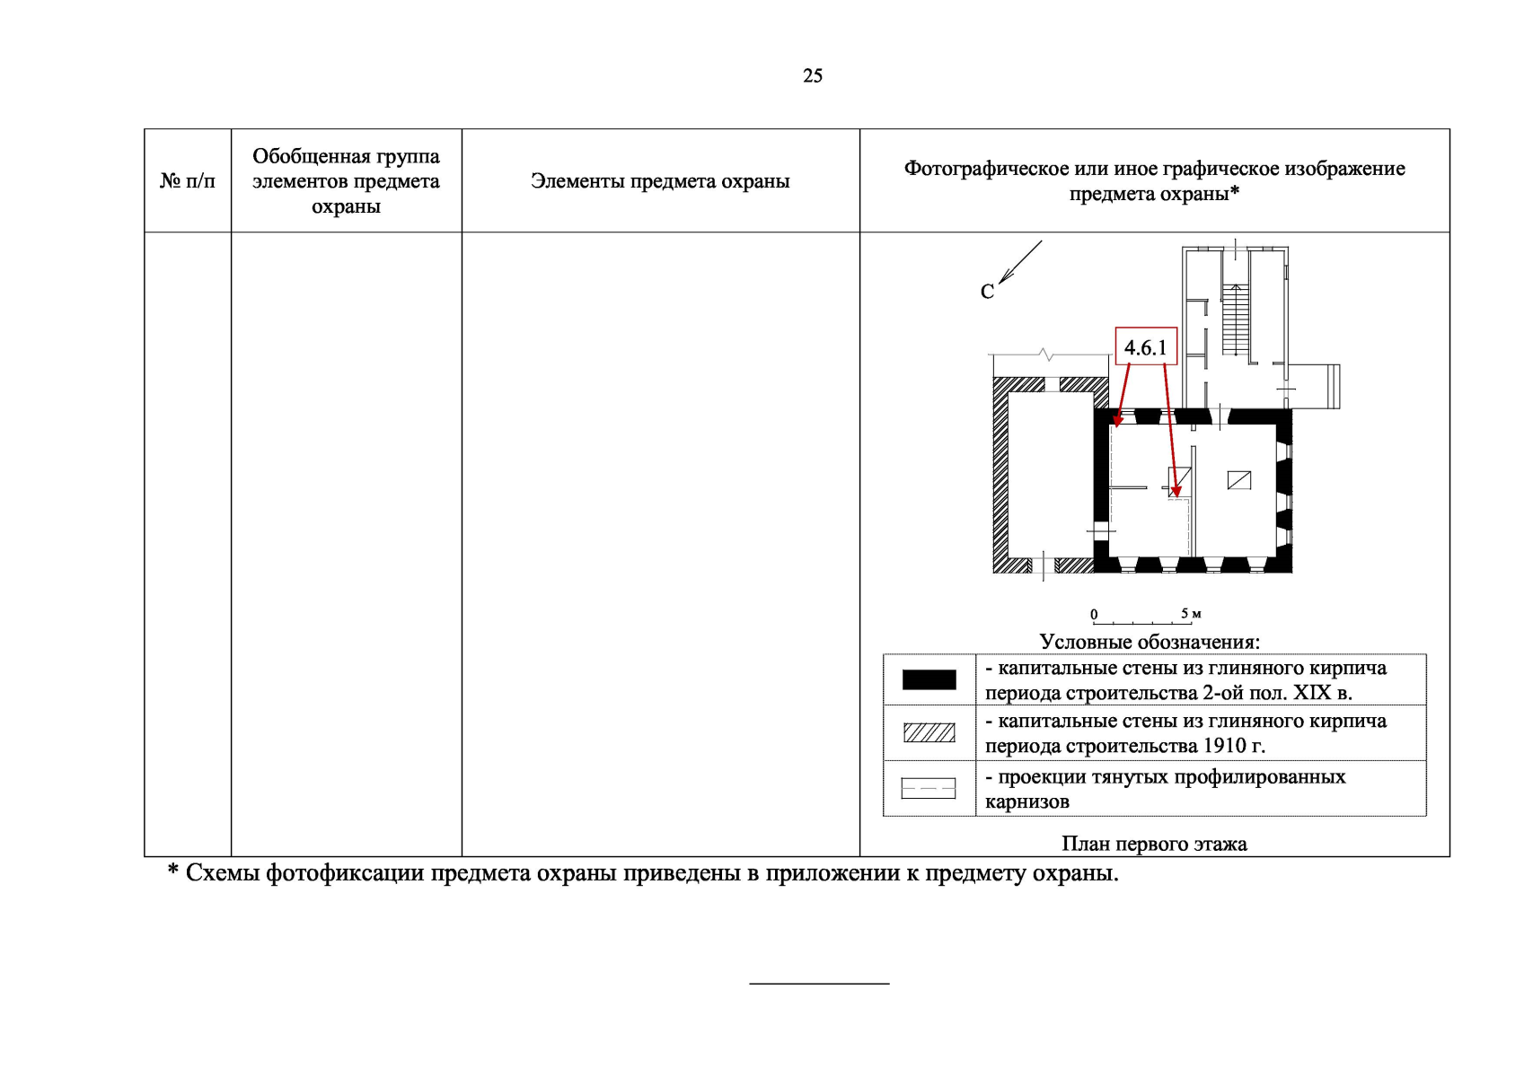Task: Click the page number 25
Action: (x=812, y=76)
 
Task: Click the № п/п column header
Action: (x=188, y=181)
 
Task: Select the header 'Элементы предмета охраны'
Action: (x=660, y=181)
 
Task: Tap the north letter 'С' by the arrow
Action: (x=987, y=293)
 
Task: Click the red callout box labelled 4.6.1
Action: (x=1145, y=347)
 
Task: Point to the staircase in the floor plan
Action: (x=1236, y=319)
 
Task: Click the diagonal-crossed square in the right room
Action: (x=1238, y=480)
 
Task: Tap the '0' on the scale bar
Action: (x=1094, y=615)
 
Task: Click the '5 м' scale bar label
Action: (x=1191, y=614)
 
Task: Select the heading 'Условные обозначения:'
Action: (x=1150, y=642)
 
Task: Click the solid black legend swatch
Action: (x=929, y=680)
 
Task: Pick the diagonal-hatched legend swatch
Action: (x=929, y=733)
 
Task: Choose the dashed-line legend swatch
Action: (x=929, y=788)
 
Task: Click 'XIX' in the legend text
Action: (x=1312, y=693)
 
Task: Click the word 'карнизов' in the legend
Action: (x=1027, y=801)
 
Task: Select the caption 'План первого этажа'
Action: (x=1154, y=844)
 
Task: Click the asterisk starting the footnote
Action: (x=172, y=871)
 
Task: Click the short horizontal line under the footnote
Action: (x=819, y=984)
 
